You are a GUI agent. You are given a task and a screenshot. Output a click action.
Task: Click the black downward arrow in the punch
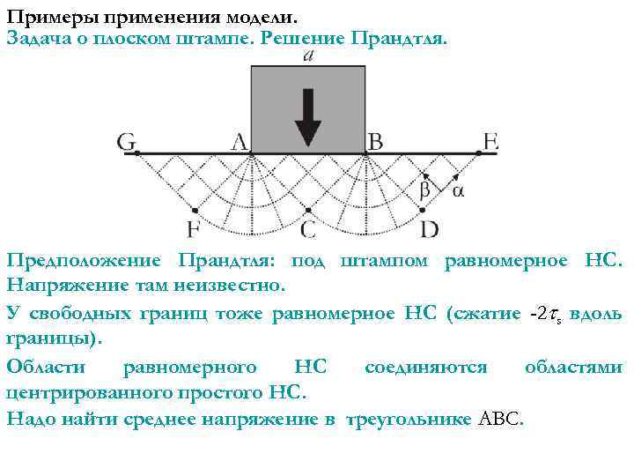308,115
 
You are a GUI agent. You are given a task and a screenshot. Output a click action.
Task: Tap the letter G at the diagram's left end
127,142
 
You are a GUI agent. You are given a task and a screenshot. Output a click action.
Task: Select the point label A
239,142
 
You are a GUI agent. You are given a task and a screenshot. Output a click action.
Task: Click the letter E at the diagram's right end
491,142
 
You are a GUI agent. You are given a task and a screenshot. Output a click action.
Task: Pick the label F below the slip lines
194,230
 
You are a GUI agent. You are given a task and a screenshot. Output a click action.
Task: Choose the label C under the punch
308,230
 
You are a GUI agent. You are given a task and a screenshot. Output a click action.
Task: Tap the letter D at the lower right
430,230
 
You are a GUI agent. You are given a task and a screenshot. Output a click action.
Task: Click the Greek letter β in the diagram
424,190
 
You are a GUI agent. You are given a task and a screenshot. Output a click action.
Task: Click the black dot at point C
308,211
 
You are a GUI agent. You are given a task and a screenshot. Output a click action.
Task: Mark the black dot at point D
423,211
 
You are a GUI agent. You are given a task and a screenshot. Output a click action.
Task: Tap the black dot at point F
195,211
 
